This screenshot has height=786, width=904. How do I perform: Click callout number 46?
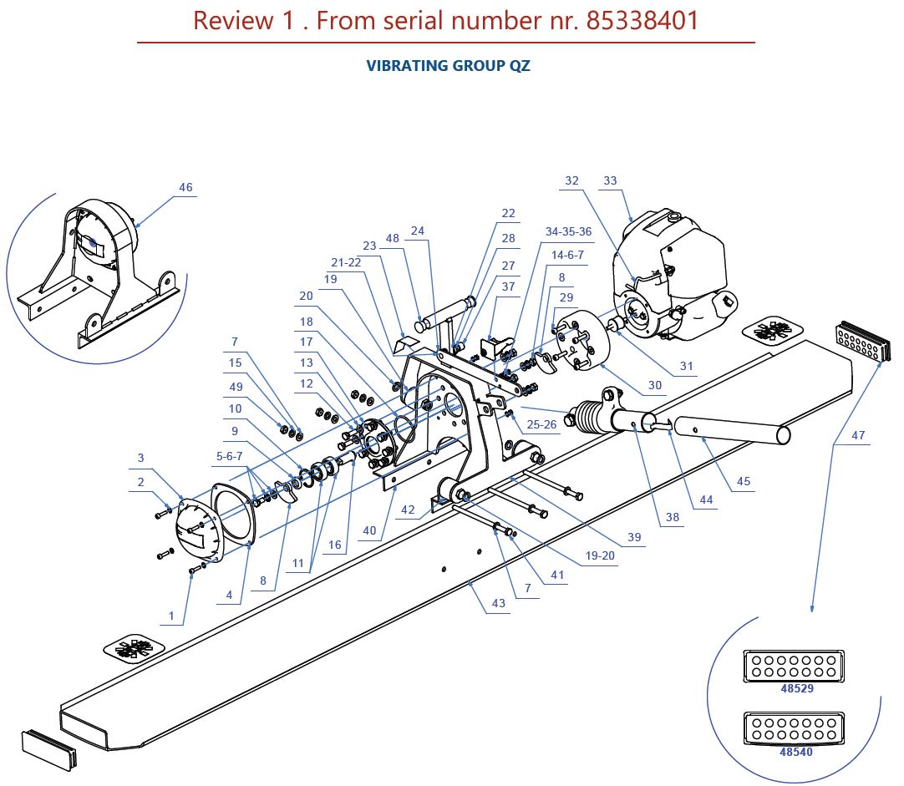coord(185,187)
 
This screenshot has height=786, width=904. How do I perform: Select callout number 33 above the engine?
coord(610,180)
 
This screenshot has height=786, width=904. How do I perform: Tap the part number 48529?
coord(796,689)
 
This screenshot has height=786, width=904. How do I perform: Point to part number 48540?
coord(796,752)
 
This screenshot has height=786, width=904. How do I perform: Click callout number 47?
coord(858,435)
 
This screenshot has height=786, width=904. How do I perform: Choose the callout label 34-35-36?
coord(568,231)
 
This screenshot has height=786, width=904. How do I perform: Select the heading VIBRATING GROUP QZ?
coord(449,66)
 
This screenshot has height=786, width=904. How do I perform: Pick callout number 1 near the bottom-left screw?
coord(171,616)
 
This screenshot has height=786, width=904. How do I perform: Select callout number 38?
coord(673,517)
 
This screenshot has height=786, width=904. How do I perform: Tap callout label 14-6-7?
coord(567,256)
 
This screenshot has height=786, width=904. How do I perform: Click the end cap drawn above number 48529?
coord(792,667)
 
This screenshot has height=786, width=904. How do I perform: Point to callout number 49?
coord(236,387)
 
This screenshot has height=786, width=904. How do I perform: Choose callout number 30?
coord(655,385)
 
